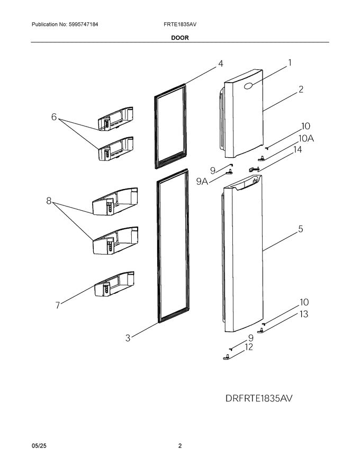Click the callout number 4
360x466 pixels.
click(x=220, y=64)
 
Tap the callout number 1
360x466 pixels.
click(x=290, y=63)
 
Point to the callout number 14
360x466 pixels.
click(x=298, y=150)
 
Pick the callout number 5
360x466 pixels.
click(x=300, y=229)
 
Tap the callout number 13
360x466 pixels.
click(x=303, y=314)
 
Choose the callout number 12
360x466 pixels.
click(x=248, y=347)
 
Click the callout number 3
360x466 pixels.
click(x=128, y=338)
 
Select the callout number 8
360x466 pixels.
click(x=49, y=201)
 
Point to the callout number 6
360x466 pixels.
click(x=54, y=117)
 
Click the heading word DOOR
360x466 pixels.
click(x=179, y=38)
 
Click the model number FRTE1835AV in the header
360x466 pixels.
click(x=179, y=25)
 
